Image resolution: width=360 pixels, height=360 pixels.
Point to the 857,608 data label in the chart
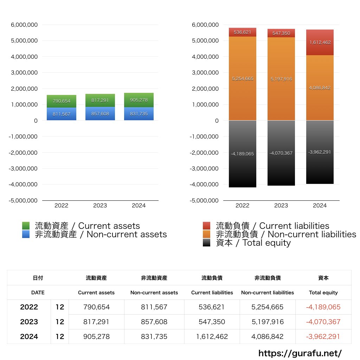[x=100, y=114]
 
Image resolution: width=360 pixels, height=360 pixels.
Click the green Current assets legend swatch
[x=26, y=226]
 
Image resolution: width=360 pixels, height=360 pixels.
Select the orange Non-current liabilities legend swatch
[x=207, y=234]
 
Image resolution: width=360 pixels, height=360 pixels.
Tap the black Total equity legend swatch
[x=207, y=243]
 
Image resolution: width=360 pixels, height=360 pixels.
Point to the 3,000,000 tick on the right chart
[x=205, y=73]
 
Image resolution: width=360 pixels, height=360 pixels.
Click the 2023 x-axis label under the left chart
[x=100, y=206]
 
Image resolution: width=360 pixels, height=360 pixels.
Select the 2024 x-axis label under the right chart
[x=320, y=206]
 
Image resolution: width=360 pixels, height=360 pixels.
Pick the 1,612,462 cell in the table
[x=212, y=336]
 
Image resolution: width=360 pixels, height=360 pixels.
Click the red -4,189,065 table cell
[x=323, y=307]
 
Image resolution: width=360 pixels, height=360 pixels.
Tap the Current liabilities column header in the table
[x=212, y=292]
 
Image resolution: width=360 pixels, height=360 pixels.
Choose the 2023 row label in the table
[x=29, y=322]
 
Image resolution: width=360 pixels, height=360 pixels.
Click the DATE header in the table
[x=38, y=292]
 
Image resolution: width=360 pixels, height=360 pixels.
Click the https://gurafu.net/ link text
[x=300, y=353]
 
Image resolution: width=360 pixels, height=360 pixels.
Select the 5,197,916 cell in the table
[x=268, y=322]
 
